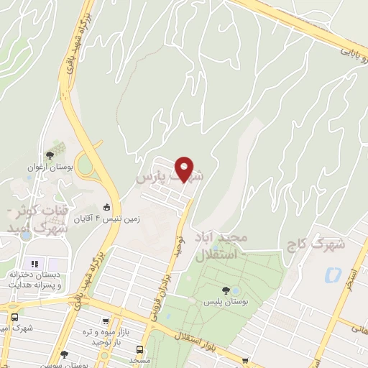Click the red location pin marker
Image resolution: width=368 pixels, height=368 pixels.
(185, 169)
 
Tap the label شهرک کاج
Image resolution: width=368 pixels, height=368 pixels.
(321, 244)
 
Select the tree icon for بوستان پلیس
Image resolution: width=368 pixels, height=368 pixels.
(226, 290)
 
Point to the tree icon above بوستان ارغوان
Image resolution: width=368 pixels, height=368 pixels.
(50, 155)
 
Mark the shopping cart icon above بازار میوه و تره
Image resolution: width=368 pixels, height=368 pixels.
(106, 321)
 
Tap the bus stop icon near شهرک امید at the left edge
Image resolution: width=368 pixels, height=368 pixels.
(15, 317)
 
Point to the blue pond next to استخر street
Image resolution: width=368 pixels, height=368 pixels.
(332, 274)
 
